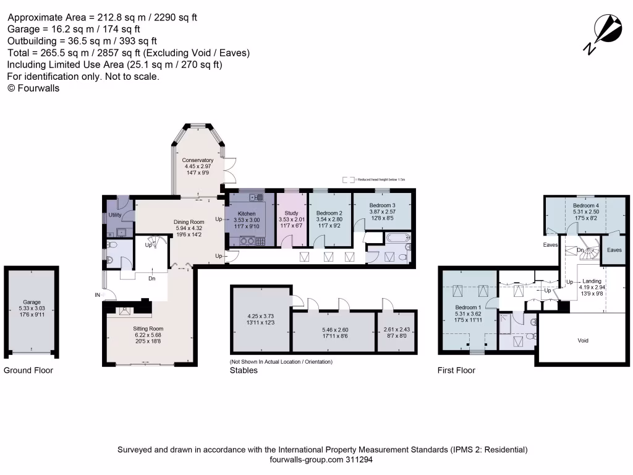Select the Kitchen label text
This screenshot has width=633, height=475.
pos(247,213)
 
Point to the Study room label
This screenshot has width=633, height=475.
pos(291,213)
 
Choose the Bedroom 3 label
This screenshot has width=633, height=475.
pos(381,205)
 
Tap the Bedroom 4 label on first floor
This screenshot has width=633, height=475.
pos(585,205)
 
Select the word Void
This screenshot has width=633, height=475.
pos(583,341)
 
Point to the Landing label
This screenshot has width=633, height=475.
pos(592,281)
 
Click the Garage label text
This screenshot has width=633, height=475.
pos(32,302)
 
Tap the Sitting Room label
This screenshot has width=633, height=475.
pos(148,329)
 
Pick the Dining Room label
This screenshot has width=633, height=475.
pos(189,222)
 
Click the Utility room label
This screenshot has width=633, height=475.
pos(115,215)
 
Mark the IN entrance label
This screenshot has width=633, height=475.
pos(97,296)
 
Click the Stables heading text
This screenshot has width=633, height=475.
pos(243,370)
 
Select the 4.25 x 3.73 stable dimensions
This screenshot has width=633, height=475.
pos(260,315)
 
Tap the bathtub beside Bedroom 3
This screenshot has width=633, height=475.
pos(390,238)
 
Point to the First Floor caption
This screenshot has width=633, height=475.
pos(457,370)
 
